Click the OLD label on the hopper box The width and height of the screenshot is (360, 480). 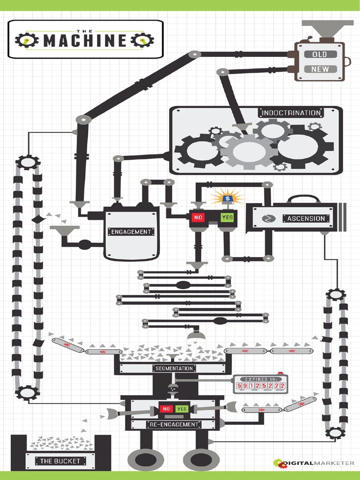(319, 54)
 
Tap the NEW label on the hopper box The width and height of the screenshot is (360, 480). (320, 69)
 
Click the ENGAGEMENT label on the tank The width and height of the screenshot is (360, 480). (131, 232)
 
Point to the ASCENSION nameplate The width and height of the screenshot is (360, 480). (306, 218)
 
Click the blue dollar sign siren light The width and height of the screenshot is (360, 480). (228, 199)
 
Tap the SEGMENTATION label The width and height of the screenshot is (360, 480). (174, 368)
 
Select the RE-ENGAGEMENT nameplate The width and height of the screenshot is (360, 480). (173, 424)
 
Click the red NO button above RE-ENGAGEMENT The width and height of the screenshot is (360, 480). (166, 409)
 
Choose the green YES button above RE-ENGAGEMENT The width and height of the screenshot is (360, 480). (182, 409)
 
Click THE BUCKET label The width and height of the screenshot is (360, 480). (60, 461)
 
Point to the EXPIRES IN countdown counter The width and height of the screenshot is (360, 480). (260, 385)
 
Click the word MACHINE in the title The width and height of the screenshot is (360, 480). (85, 41)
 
